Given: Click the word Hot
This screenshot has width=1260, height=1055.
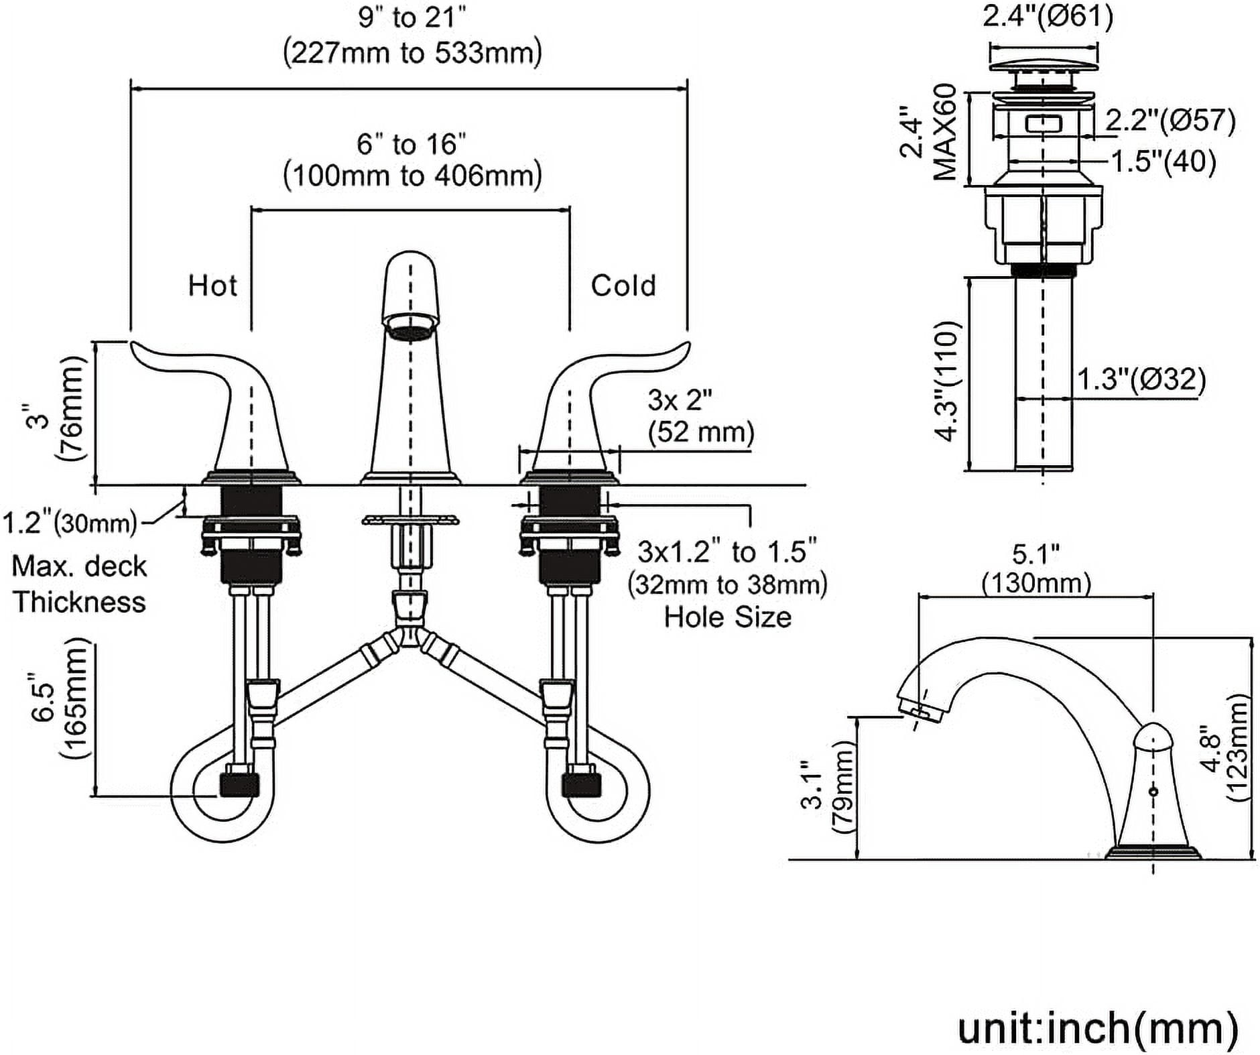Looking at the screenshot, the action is [212, 286].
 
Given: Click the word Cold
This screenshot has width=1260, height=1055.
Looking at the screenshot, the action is [623, 286].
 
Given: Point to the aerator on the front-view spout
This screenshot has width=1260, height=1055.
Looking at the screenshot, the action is [410, 330].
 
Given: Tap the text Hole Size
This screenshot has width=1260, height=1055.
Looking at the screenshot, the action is [727, 617].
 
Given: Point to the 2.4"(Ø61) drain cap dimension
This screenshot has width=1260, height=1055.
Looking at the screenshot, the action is [1048, 16].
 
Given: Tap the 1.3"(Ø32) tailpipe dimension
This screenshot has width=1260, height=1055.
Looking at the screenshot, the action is [1141, 380].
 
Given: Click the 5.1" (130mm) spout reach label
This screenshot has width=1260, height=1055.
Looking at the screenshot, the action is [1036, 568].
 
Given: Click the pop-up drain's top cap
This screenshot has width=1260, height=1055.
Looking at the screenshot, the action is [1044, 66].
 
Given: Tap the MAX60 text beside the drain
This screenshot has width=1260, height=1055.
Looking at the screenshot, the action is [945, 132].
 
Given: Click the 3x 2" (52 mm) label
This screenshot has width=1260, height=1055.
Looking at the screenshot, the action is [700, 416].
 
